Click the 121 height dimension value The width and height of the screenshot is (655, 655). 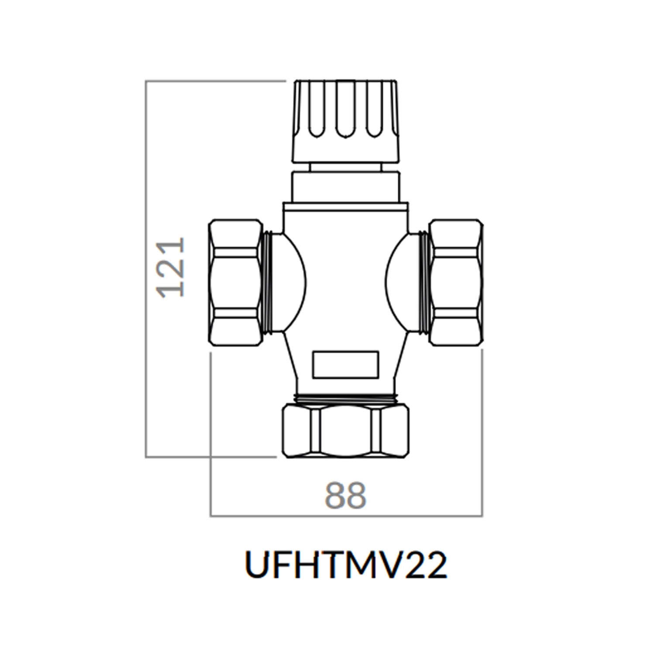(171, 267)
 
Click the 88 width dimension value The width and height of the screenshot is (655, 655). (345, 496)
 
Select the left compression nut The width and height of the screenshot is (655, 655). (235, 283)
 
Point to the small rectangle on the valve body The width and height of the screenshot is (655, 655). (345, 365)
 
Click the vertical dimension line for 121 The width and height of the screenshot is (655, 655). (146, 349)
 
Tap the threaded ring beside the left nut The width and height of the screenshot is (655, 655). (268, 283)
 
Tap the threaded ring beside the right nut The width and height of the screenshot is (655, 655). (424, 283)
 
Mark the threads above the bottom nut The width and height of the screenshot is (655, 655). (346, 398)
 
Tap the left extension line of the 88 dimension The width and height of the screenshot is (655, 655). (210, 437)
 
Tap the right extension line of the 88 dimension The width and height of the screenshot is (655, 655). (482, 437)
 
